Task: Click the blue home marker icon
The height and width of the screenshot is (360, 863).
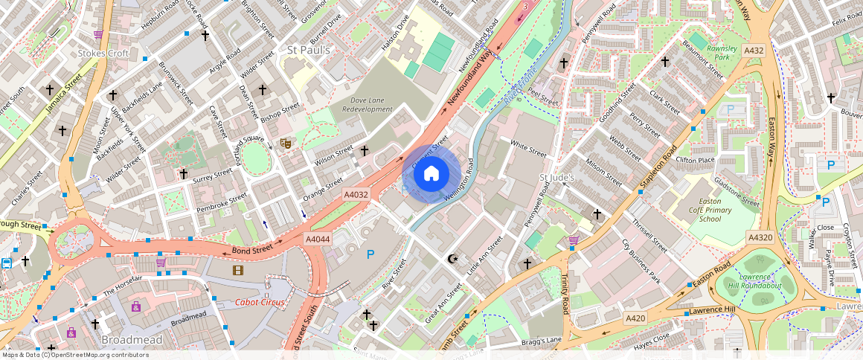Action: [431, 174]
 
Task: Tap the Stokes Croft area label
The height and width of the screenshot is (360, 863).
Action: [103, 54]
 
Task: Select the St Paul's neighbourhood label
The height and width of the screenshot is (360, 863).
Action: [308, 50]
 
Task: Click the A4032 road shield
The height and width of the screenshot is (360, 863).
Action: [356, 194]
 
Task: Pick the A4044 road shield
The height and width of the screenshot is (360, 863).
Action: [318, 239]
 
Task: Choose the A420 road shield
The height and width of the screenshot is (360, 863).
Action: [635, 318]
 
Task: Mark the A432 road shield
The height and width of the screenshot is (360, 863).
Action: [754, 51]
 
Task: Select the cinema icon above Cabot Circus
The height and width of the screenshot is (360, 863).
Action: [238, 270]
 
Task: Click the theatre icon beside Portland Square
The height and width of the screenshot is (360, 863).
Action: [284, 143]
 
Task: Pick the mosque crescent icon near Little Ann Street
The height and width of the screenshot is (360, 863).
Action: [451, 259]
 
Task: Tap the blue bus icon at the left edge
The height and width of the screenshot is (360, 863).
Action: [7, 263]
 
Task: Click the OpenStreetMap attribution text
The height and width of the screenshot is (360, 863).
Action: [74, 355]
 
